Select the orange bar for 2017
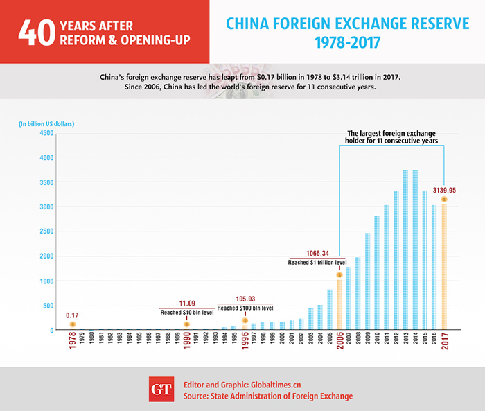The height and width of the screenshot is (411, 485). (444, 267)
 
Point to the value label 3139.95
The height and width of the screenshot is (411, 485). (444, 189)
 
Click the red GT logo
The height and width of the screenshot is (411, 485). (161, 389)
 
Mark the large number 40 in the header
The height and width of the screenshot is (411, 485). (37, 31)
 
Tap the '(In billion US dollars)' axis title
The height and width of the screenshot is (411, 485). (46, 123)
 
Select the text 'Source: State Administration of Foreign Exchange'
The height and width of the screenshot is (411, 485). (267, 396)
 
